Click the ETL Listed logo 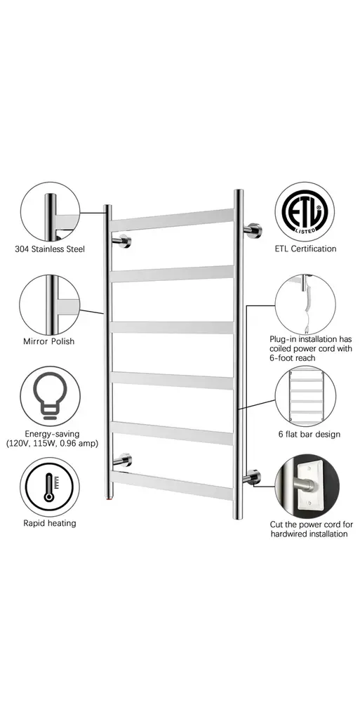[x=305, y=212]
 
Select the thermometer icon [x=49, y=487]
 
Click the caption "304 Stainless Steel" [x=50, y=249]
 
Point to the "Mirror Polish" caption [x=48, y=342]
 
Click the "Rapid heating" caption [x=50, y=523]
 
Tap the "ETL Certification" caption [x=305, y=249]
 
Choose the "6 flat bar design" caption [x=309, y=434]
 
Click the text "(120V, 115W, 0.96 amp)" [x=52, y=444]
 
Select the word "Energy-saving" [x=52, y=434]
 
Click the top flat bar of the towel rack [x=172, y=220]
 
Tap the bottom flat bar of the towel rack [x=172, y=485]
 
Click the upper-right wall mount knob [x=253, y=230]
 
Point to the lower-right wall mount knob [x=253, y=477]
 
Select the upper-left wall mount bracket [x=122, y=241]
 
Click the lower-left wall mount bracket [x=122, y=461]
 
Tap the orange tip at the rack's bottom [x=108, y=497]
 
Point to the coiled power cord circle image [x=305, y=305]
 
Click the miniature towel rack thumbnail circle [x=305, y=396]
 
